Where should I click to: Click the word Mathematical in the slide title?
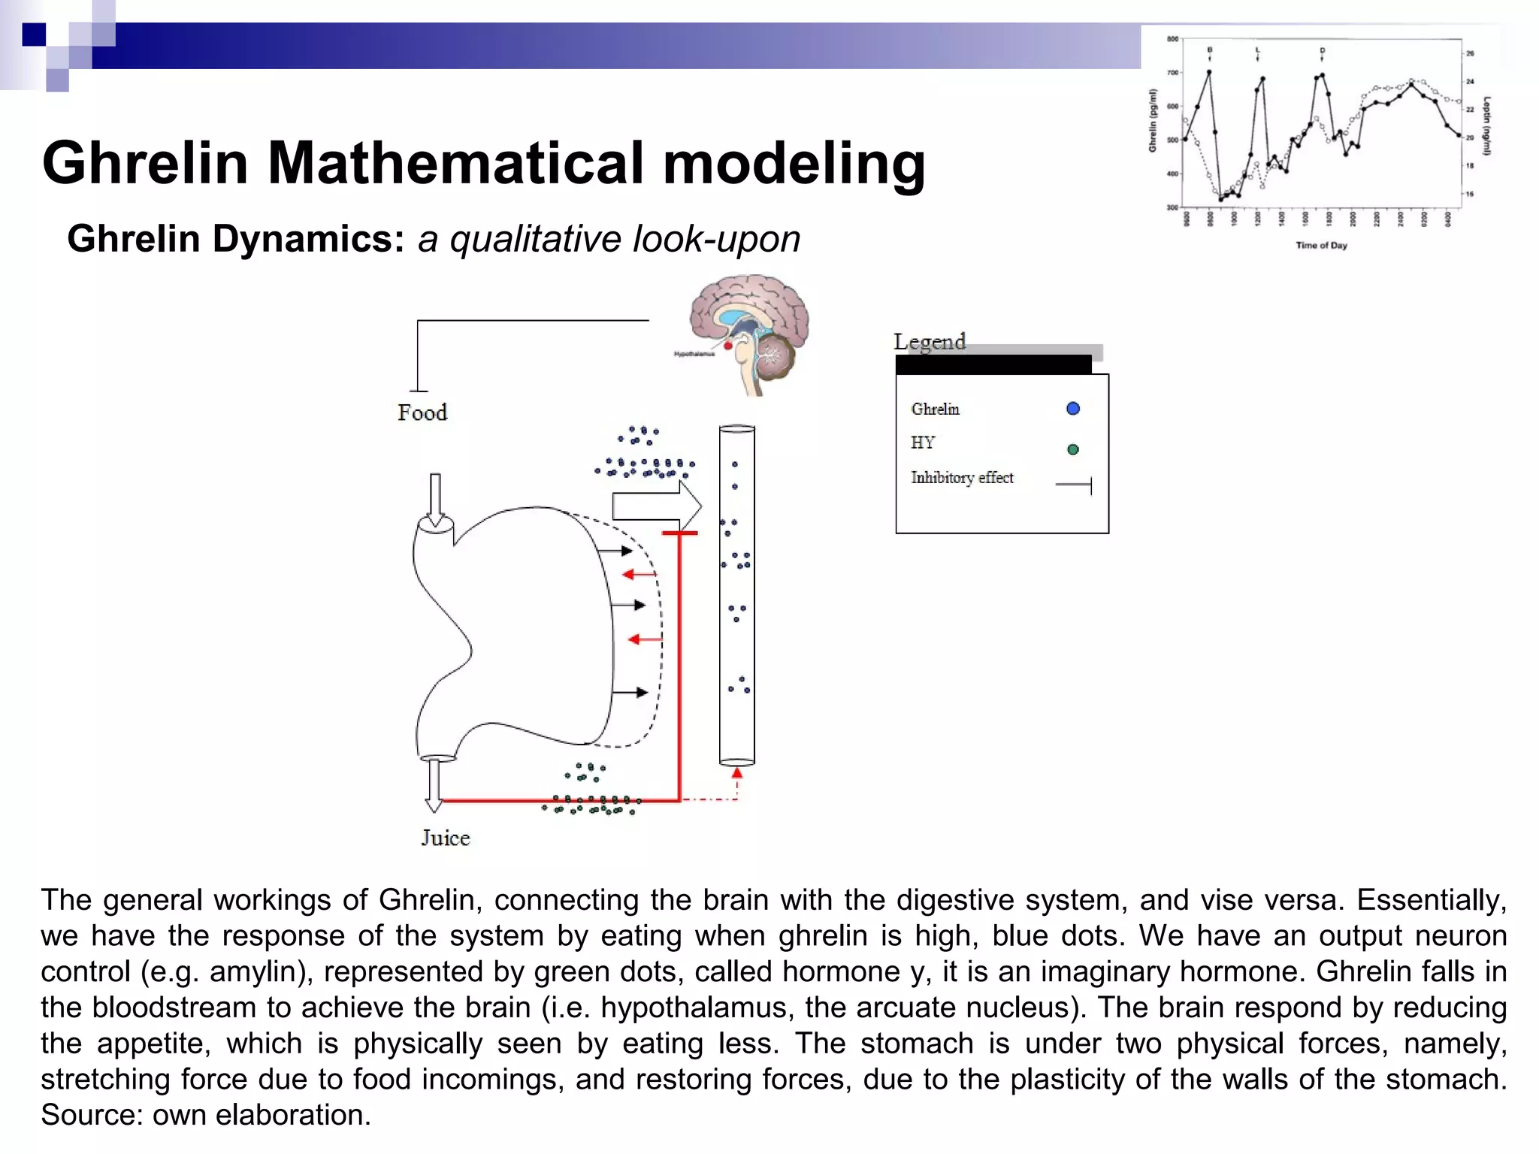(455, 163)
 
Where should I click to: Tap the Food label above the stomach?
(422, 412)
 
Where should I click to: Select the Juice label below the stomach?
(445, 838)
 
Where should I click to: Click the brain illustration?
(749, 331)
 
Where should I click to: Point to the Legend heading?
(929, 342)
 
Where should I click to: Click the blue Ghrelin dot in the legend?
(1073, 409)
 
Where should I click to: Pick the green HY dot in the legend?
(1073, 449)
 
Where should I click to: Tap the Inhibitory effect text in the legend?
(962, 478)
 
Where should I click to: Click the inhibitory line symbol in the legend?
(1074, 485)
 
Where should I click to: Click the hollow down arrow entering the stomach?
(435, 500)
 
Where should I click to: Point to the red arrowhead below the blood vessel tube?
(737, 773)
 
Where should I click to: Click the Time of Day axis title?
(1321, 245)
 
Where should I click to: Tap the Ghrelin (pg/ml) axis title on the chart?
(1153, 120)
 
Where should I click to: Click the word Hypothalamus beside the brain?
(694, 354)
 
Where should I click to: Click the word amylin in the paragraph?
(255, 972)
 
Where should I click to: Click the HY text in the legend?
(923, 443)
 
